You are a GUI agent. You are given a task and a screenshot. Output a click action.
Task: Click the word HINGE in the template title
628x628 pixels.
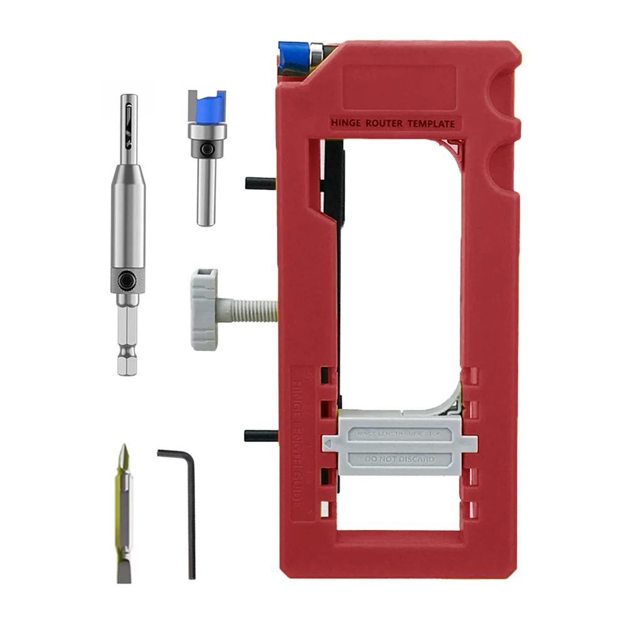point(346,124)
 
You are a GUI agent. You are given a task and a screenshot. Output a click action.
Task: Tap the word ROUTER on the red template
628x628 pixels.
point(385,124)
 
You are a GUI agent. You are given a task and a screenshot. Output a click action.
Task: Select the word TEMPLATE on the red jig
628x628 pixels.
point(432,124)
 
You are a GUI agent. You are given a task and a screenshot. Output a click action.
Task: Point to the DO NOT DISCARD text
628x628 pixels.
point(400,459)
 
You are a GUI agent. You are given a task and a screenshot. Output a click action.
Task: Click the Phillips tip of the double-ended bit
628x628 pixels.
point(124,455)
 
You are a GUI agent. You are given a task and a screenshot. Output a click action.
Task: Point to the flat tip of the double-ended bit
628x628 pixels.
point(124,571)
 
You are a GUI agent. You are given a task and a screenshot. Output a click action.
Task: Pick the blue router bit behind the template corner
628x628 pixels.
point(291,57)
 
